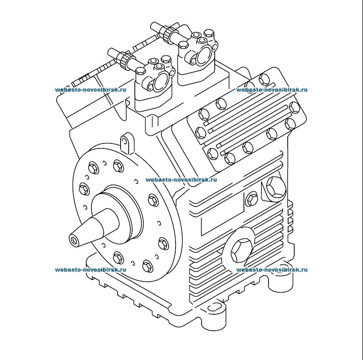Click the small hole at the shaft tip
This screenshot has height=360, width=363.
coord(74,240)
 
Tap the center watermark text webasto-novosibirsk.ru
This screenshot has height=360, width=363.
coord(181,180)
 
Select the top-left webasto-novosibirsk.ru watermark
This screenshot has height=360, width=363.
coord(91,90)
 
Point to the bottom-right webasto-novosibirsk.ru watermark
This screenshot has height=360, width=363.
coord(272,270)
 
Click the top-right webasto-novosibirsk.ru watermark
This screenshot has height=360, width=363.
coord(272,90)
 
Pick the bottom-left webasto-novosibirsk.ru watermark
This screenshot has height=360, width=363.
coord(91,270)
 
